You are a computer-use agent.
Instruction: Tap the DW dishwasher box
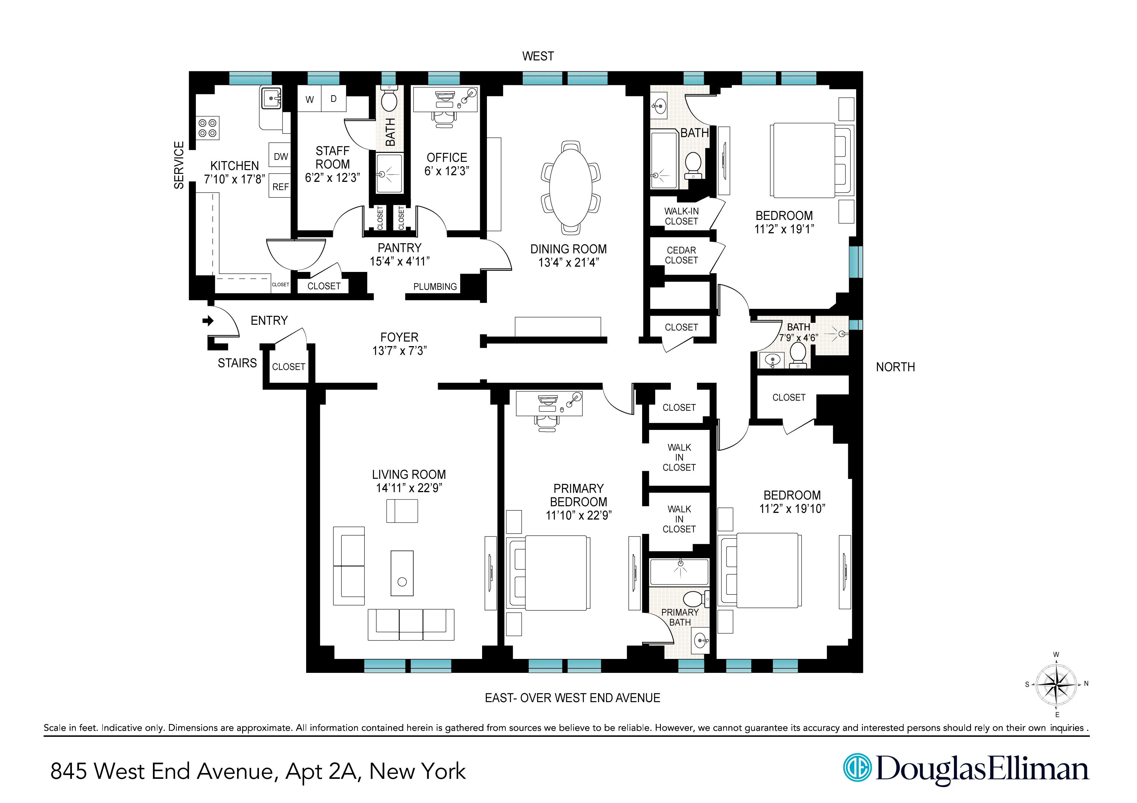[x=280, y=157]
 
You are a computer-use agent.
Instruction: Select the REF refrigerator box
[x=280, y=187]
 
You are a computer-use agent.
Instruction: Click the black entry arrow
[x=208, y=321]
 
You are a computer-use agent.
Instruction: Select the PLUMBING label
[x=435, y=287]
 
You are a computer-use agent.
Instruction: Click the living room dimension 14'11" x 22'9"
[x=408, y=488]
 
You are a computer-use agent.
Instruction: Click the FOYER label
[x=399, y=337]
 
